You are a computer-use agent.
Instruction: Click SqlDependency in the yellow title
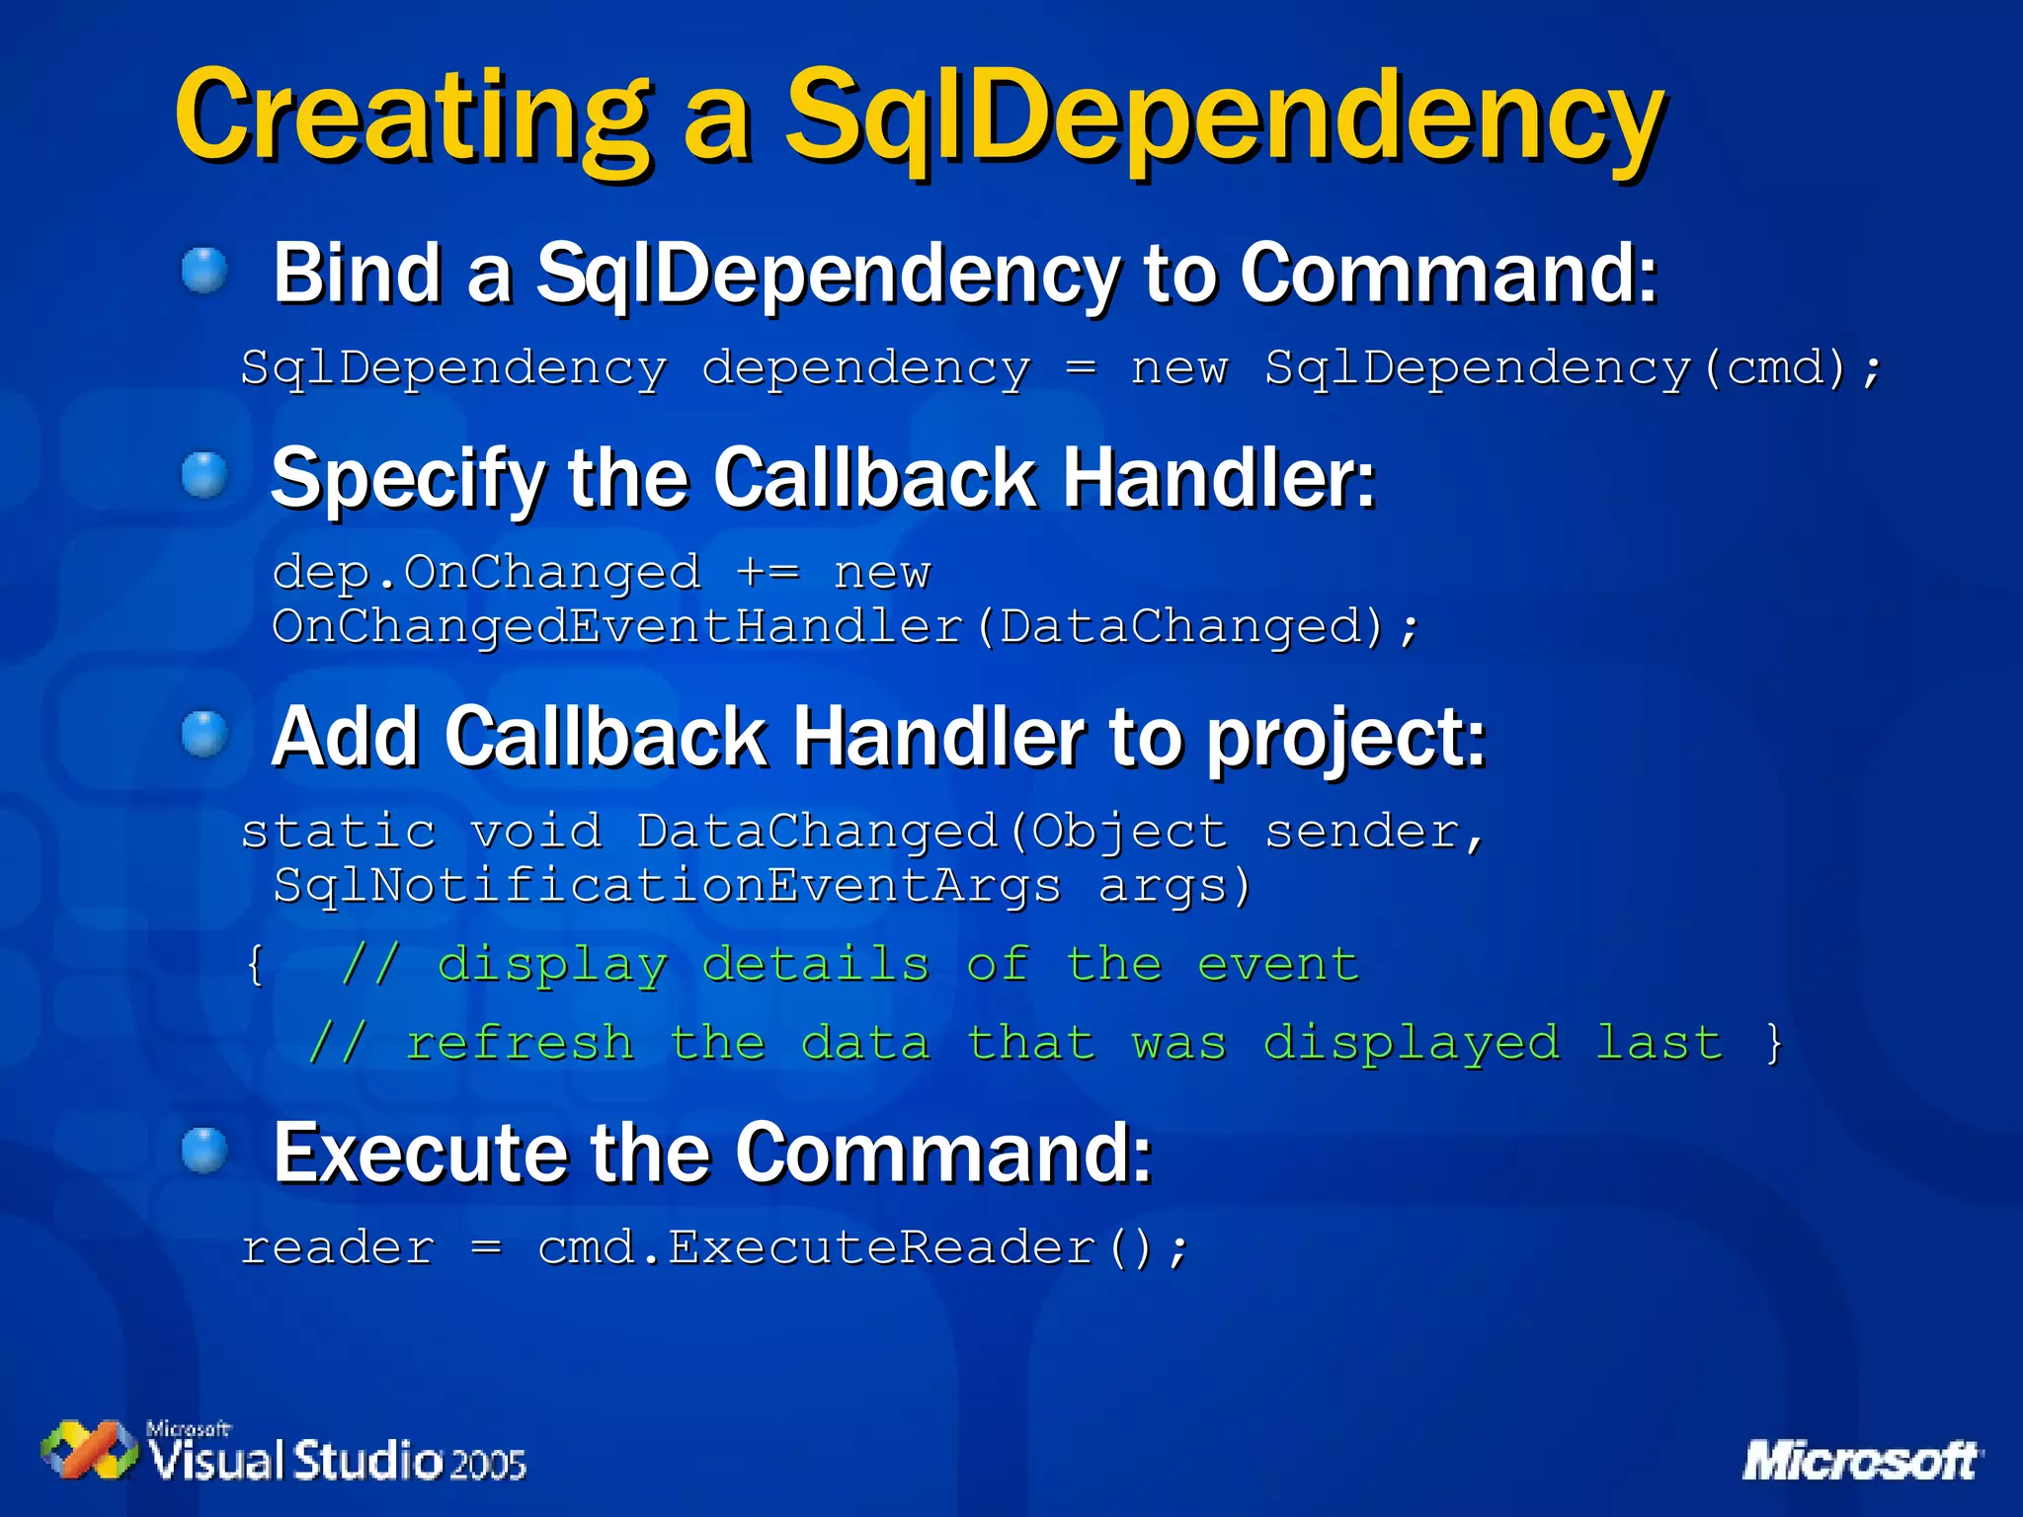pyautogui.click(x=1225, y=117)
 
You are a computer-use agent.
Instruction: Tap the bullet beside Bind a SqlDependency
pyautogui.click(x=205, y=270)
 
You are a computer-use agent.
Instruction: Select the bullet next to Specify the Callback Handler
pyautogui.click(x=205, y=475)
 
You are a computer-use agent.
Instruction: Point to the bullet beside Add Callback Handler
pyautogui.click(x=205, y=735)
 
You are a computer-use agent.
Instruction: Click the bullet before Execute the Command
pyautogui.click(x=205, y=1151)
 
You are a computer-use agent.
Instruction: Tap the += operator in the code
pyautogui.click(x=768, y=572)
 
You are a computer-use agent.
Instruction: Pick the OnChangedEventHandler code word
pyautogui.click(x=617, y=626)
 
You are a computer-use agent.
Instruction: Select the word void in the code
pyautogui.click(x=535, y=831)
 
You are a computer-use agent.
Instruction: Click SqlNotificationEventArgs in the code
pyautogui.click(x=667, y=885)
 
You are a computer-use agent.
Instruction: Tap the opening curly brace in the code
pyautogui.click(x=256, y=964)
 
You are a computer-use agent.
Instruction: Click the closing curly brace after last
pyautogui.click(x=1774, y=1043)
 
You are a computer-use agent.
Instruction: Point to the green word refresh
pyautogui.click(x=520, y=1043)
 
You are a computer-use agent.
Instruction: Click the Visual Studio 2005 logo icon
pyautogui.click(x=89, y=1450)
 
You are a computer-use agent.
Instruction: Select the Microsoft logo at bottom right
pyautogui.click(x=1861, y=1460)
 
